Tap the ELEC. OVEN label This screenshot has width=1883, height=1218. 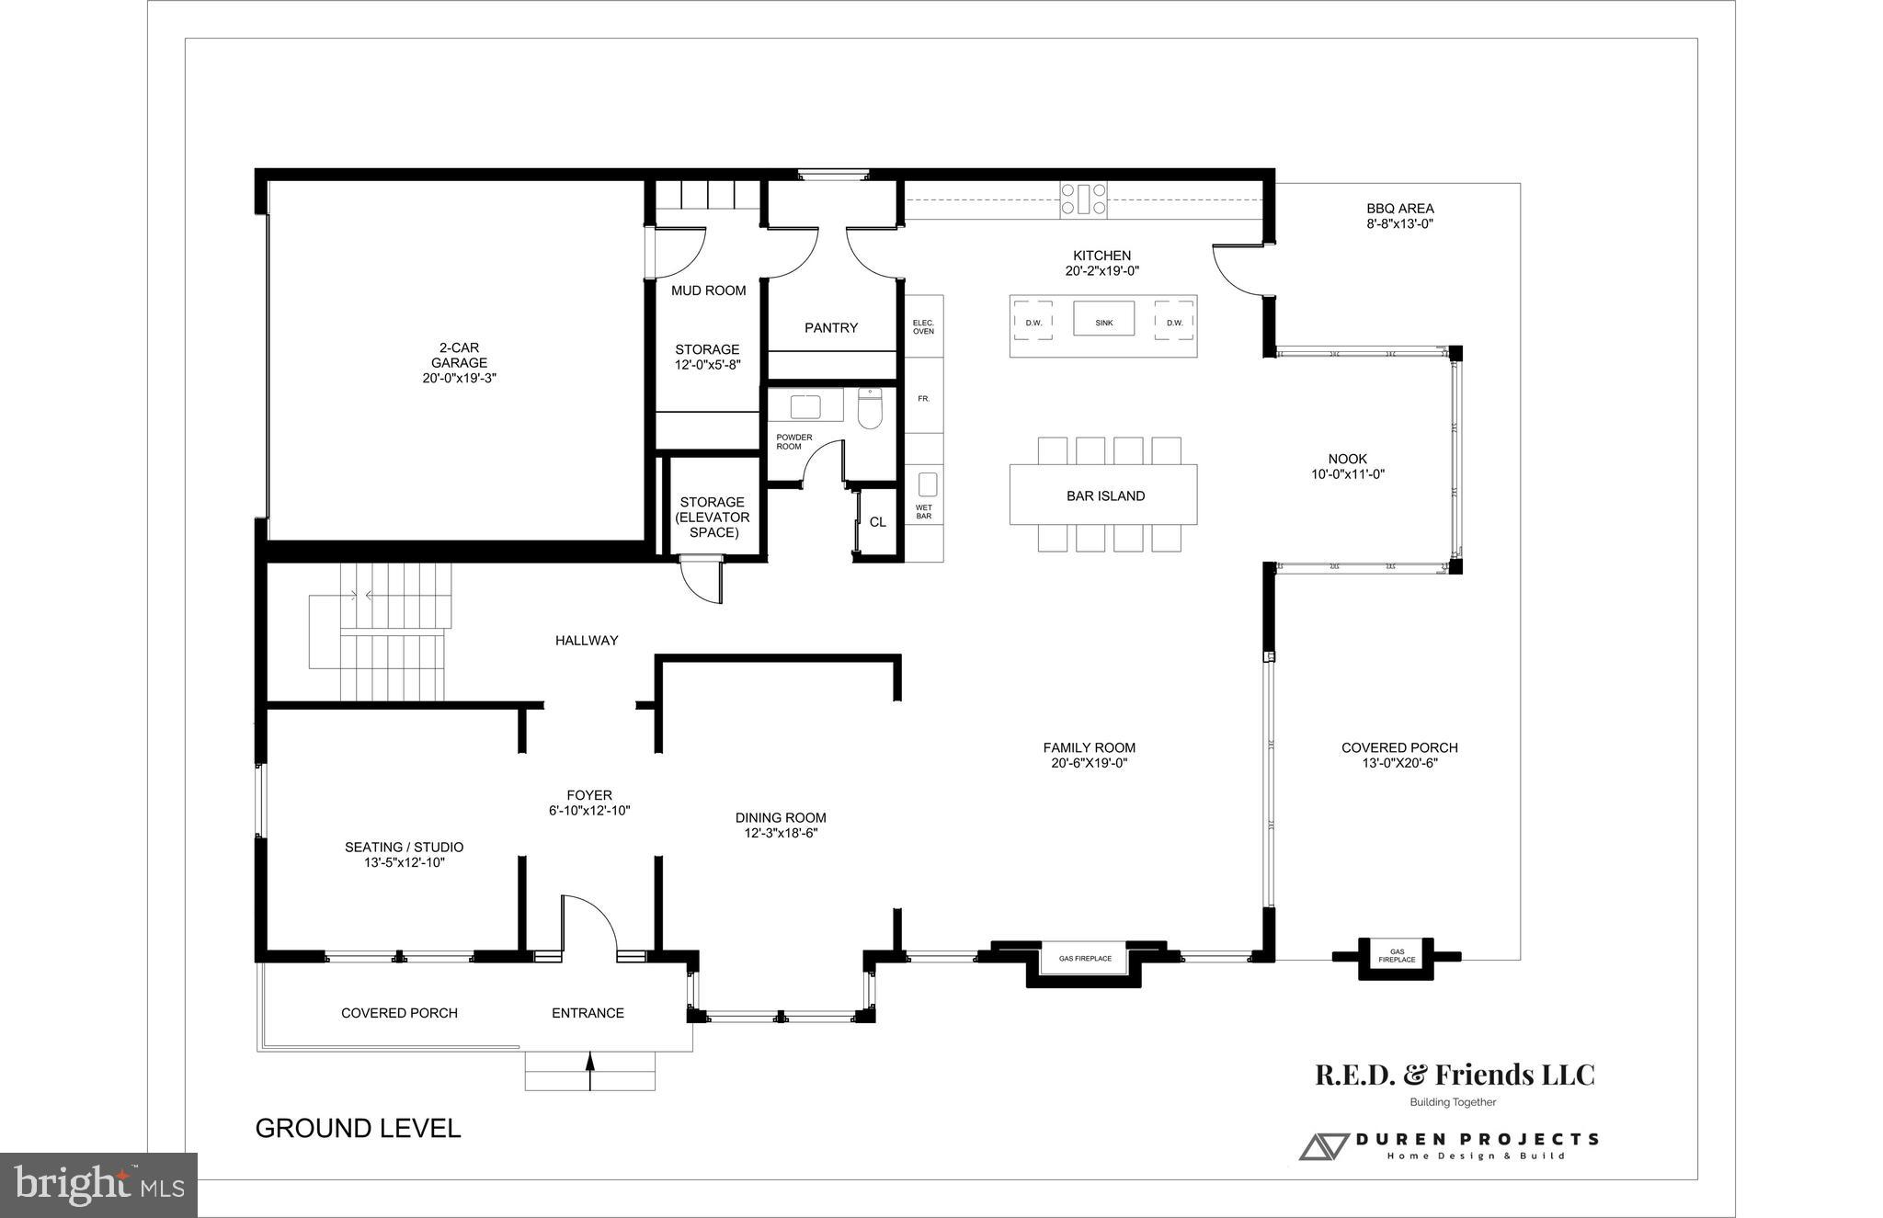tap(923, 327)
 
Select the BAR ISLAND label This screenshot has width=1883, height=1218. tap(1105, 496)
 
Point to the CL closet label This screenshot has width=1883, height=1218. tap(877, 522)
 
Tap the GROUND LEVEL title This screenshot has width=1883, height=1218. tap(358, 1129)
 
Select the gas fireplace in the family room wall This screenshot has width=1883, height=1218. tap(1085, 959)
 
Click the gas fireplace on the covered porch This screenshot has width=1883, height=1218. tap(1396, 956)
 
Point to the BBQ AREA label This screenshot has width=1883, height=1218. tap(1399, 209)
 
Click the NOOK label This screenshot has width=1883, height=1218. tap(1347, 459)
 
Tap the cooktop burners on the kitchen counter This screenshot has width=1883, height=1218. tap(1083, 199)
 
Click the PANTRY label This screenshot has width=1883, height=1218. tap(830, 328)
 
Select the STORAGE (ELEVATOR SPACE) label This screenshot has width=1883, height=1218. tap(713, 518)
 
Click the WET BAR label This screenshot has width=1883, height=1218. tap(923, 512)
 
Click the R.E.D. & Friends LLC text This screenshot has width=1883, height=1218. tap(1455, 1075)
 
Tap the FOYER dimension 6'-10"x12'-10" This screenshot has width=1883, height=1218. tap(588, 811)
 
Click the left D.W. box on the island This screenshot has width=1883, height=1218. tap(1033, 323)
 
